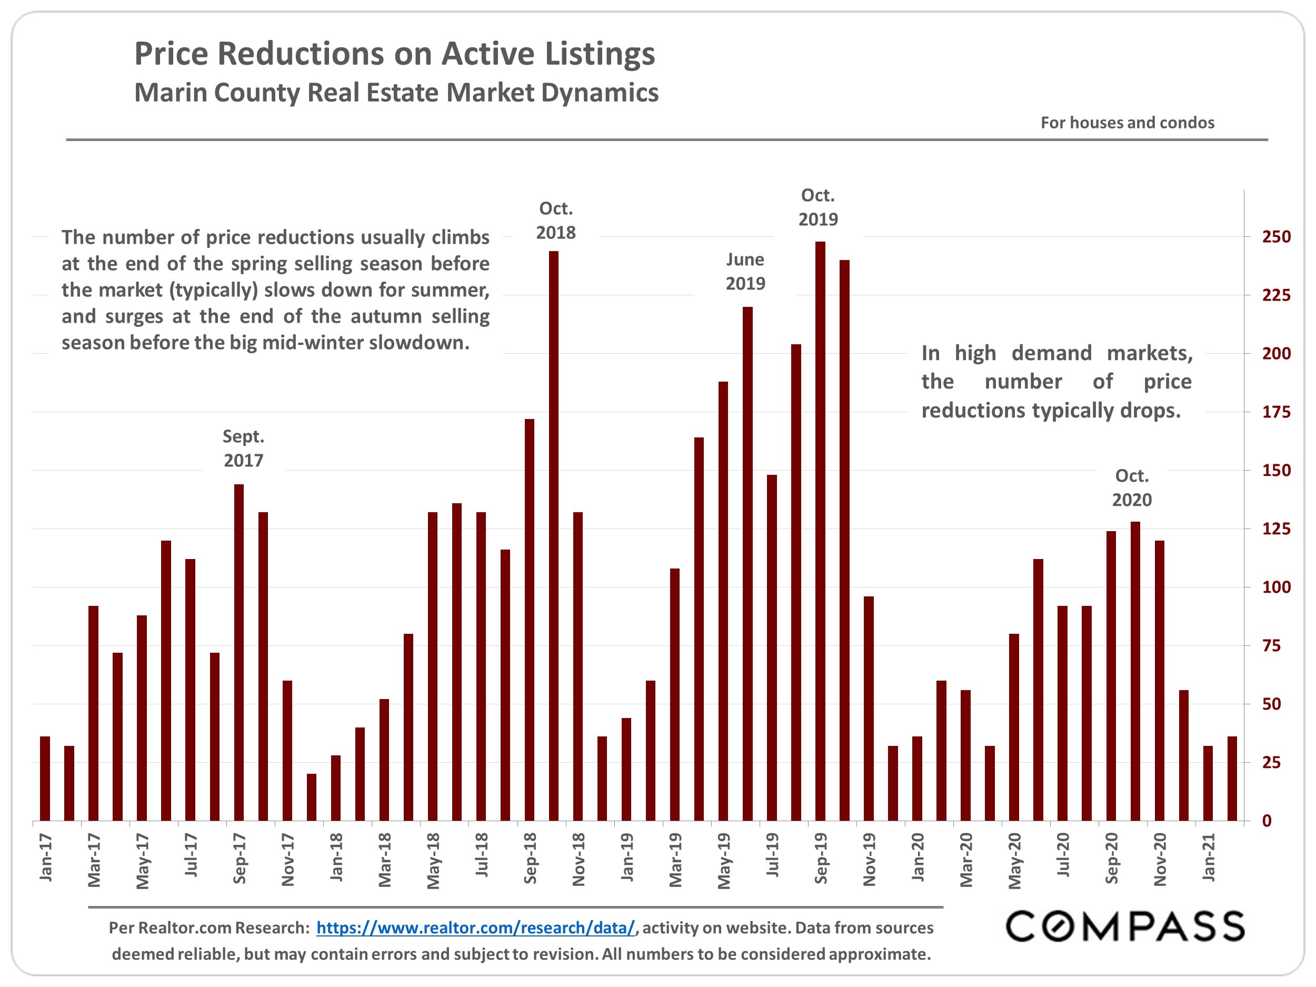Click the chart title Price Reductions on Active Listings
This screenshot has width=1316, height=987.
394,54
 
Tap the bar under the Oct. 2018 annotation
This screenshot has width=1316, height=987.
553,535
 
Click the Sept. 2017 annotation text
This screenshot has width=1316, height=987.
243,448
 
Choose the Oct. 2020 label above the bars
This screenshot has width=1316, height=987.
1132,488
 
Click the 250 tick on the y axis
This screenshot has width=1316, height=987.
1276,237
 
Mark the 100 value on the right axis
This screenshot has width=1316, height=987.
1276,587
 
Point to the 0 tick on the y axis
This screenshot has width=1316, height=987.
1267,821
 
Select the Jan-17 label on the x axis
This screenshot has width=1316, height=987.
46,858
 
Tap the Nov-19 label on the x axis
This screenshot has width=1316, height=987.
869,859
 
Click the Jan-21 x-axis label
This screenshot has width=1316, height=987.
1208,858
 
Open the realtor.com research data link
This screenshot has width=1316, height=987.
475,928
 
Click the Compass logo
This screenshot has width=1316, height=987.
1125,926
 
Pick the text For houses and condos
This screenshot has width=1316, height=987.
1127,123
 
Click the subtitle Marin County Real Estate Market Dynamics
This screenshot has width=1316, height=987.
396,93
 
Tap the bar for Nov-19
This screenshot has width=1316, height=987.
869,708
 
